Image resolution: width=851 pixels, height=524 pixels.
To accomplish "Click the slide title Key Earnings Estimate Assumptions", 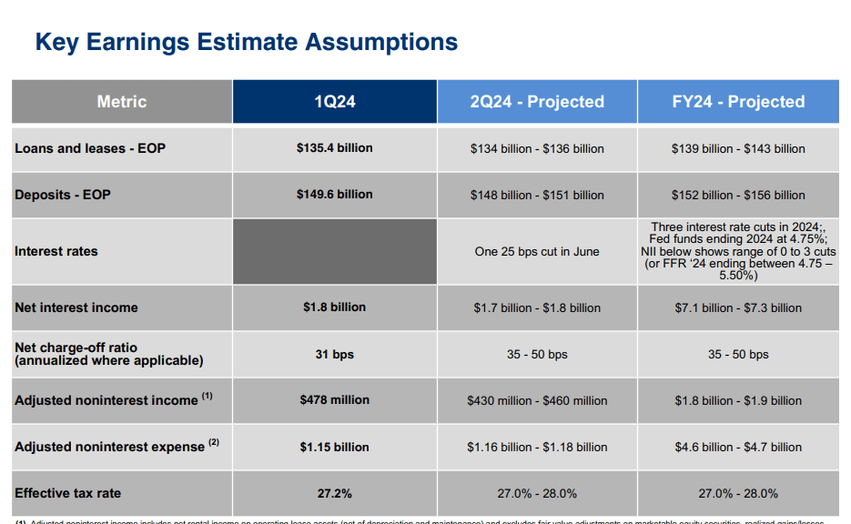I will coord(246,42).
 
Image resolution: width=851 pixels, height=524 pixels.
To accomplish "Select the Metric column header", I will coord(121,102).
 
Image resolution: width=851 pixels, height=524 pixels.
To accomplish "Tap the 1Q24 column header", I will coord(334,102).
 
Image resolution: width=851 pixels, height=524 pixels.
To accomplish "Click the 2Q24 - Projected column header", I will coord(537,102).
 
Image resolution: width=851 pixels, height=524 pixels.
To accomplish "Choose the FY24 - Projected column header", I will coord(738,102).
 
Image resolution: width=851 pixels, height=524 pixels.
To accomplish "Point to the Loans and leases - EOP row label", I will coord(90,148).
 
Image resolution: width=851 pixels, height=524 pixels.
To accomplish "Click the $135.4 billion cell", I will coord(334,147).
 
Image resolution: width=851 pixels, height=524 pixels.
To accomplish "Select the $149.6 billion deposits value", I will coord(334,194).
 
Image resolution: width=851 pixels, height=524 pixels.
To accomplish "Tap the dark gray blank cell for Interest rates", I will coord(334,251).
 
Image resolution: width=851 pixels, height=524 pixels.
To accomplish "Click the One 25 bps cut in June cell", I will coord(537,252).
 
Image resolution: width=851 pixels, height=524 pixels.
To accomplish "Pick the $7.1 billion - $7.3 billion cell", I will coord(738,307).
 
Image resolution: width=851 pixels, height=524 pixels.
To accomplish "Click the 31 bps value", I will coord(334,354).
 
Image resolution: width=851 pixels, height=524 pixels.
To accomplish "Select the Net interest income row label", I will coord(76,307).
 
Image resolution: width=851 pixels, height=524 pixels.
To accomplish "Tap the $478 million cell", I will coord(334,399).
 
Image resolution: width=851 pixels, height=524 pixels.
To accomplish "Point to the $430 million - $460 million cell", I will coord(537,400).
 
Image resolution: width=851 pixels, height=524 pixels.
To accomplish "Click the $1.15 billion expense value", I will coord(334,447).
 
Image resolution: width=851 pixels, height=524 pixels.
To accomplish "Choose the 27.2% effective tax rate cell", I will coord(334,493).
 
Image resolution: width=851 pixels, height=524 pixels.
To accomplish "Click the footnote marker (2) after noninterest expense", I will coord(214,443).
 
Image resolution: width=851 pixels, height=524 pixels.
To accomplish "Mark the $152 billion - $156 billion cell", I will coord(738,195).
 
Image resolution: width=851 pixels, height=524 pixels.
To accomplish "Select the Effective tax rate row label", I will coord(67,493).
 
